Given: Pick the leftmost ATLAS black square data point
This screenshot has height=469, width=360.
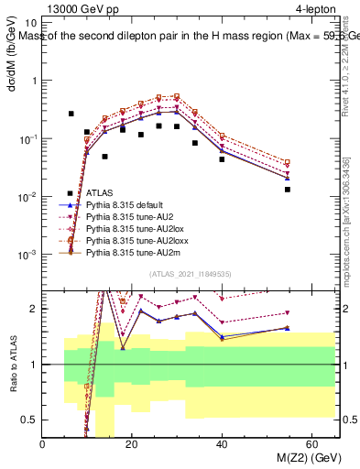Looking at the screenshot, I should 71,114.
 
